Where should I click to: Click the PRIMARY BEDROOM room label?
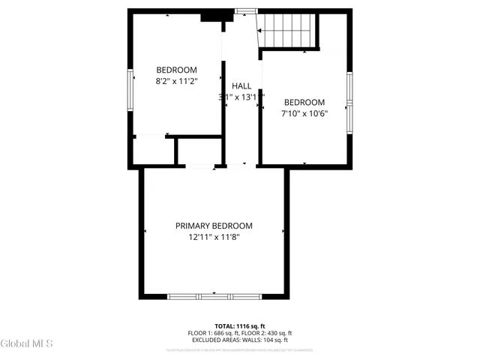tap(214, 226)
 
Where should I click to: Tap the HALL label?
tap(241, 86)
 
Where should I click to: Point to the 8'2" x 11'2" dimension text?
tap(176, 81)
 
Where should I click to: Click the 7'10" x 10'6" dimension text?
tap(304, 114)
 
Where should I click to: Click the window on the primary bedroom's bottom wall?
tap(214, 296)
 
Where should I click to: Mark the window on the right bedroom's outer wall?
tap(349, 101)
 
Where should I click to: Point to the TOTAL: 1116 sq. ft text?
tap(240, 326)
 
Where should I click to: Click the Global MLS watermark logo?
tap(27, 344)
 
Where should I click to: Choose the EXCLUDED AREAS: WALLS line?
tap(240, 340)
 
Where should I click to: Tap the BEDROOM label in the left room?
tap(176, 70)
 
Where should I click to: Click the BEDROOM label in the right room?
tap(304, 103)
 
